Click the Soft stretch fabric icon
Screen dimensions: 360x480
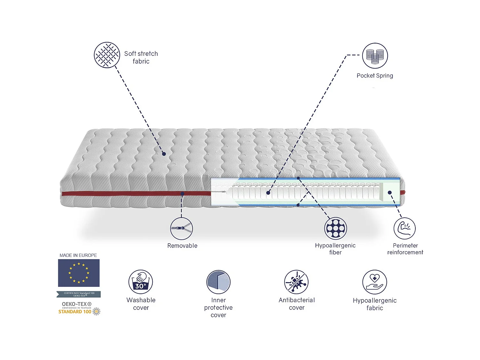(x=107, y=55)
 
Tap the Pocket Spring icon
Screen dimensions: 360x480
(x=375, y=56)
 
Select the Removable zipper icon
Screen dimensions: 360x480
(x=181, y=228)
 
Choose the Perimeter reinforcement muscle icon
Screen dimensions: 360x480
(x=404, y=228)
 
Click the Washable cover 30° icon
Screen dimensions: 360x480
(x=141, y=282)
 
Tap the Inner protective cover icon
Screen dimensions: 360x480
(x=219, y=282)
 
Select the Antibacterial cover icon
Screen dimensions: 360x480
(x=296, y=282)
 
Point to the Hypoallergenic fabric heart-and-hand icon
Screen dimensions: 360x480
(x=374, y=282)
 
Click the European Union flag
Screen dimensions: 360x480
(x=79, y=273)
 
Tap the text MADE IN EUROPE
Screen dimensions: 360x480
(x=78, y=255)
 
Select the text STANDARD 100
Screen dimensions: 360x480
(x=75, y=312)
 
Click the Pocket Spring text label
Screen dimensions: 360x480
(x=375, y=76)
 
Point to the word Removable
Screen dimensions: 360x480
(x=182, y=246)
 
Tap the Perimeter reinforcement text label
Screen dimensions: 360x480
(x=405, y=249)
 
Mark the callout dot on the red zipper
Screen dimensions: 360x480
(x=182, y=194)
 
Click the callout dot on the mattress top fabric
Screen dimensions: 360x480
(x=164, y=154)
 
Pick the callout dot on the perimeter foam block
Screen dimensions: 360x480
(x=390, y=193)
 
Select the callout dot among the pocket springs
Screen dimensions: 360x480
(x=268, y=193)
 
